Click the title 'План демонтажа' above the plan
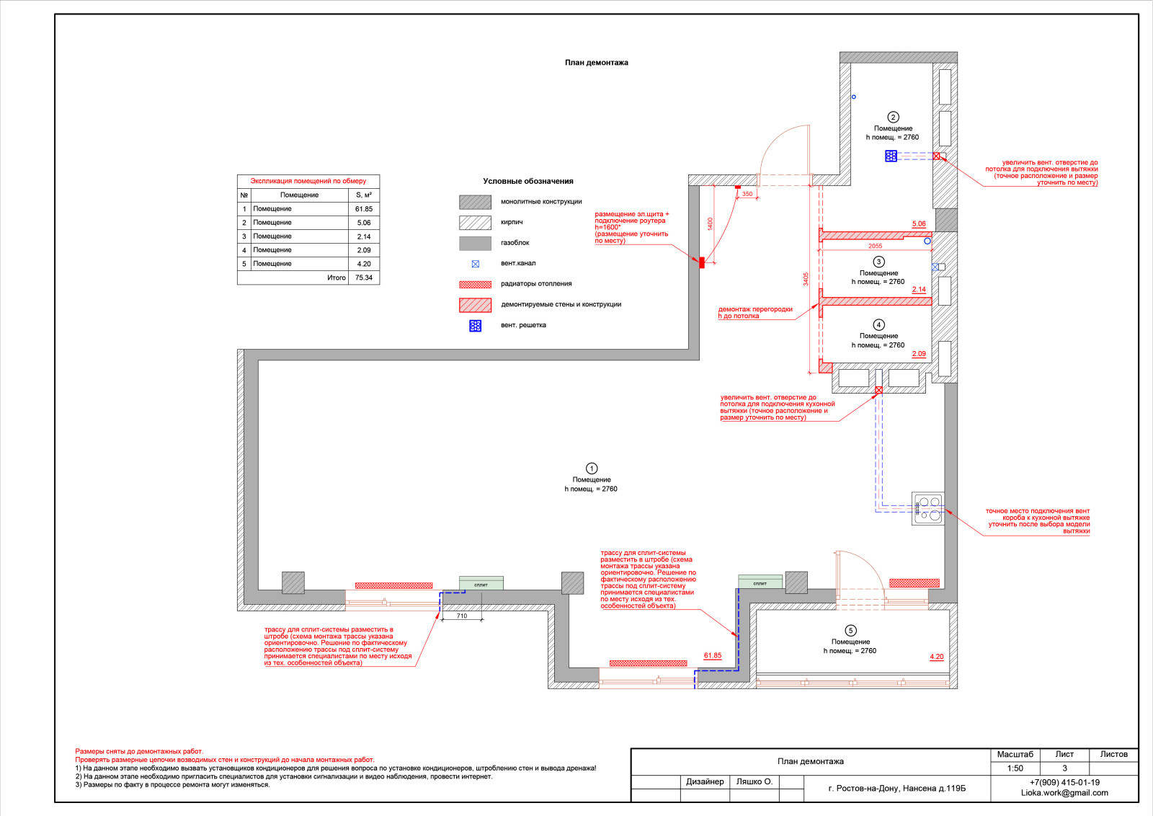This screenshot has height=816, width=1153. [596, 63]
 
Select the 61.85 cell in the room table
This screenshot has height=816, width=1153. [363, 209]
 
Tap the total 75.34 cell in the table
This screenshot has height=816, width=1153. [363, 278]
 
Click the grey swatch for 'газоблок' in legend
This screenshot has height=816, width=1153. [475, 243]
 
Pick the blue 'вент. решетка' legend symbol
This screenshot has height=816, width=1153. [475, 326]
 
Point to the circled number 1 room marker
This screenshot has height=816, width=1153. [592, 469]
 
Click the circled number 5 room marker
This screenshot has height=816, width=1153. [850, 631]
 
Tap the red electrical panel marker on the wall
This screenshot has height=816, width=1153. [702, 262]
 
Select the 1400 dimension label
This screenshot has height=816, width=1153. [710, 224]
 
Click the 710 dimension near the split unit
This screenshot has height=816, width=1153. [462, 616]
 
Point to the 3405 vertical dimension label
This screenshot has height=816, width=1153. [806, 279]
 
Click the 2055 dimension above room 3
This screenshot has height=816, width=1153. [875, 246]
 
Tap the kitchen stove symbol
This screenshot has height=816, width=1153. [928, 509]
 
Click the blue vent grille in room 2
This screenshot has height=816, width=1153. [891, 156]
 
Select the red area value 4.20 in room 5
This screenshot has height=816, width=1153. [936, 657]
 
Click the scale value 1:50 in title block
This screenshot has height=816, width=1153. [1015, 768]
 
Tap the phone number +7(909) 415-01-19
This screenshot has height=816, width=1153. [1064, 782]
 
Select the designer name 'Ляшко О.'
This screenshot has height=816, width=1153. [754, 781]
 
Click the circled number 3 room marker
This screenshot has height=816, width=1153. [878, 262]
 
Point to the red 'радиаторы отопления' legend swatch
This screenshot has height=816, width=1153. [475, 284]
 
